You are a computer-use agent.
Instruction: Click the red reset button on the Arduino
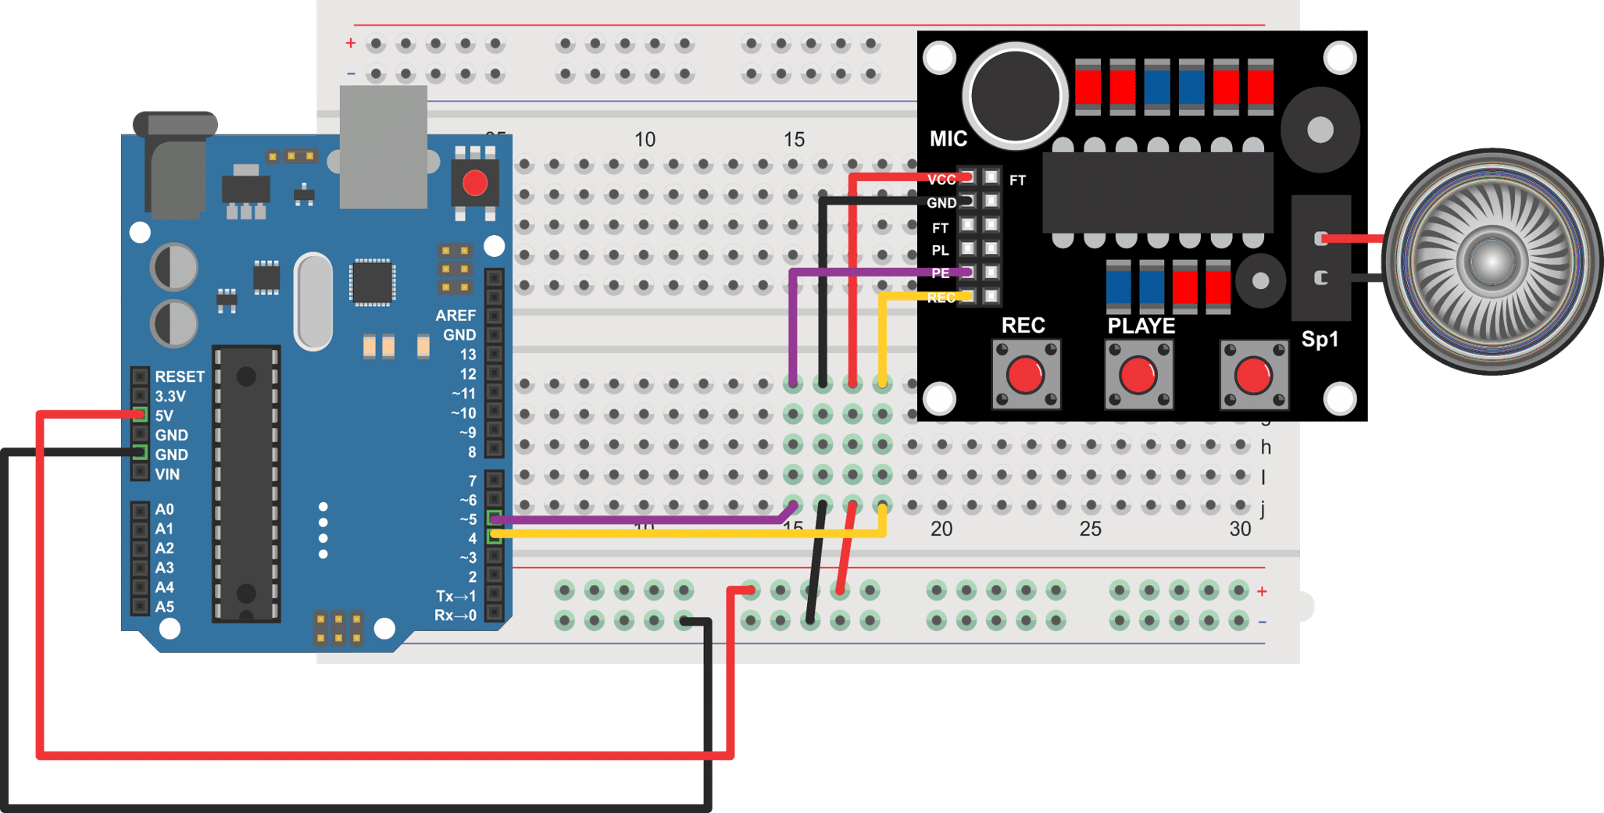click(475, 184)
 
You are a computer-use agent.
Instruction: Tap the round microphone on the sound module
click(1015, 97)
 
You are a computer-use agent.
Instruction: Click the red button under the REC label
click(1025, 375)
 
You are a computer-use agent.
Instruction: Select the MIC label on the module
click(948, 139)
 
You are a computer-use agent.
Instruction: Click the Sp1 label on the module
click(1320, 340)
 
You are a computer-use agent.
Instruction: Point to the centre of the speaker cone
click(1491, 261)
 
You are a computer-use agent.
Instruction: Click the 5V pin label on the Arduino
click(164, 415)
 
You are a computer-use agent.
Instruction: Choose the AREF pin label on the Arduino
click(455, 316)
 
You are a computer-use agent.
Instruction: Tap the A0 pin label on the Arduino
click(164, 509)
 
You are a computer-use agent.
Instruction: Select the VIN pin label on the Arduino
click(167, 474)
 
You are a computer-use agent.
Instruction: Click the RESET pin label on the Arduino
click(180, 376)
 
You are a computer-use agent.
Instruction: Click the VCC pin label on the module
click(941, 180)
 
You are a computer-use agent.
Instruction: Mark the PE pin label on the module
click(941, 273)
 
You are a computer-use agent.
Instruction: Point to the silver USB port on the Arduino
click(384, 147)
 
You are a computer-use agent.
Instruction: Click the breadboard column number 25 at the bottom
click(1090, 530)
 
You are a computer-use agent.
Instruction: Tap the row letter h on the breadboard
click(1266, 448)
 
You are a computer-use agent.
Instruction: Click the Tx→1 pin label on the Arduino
click(455, 596)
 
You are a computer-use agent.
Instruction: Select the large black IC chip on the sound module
click(1158, 192)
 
